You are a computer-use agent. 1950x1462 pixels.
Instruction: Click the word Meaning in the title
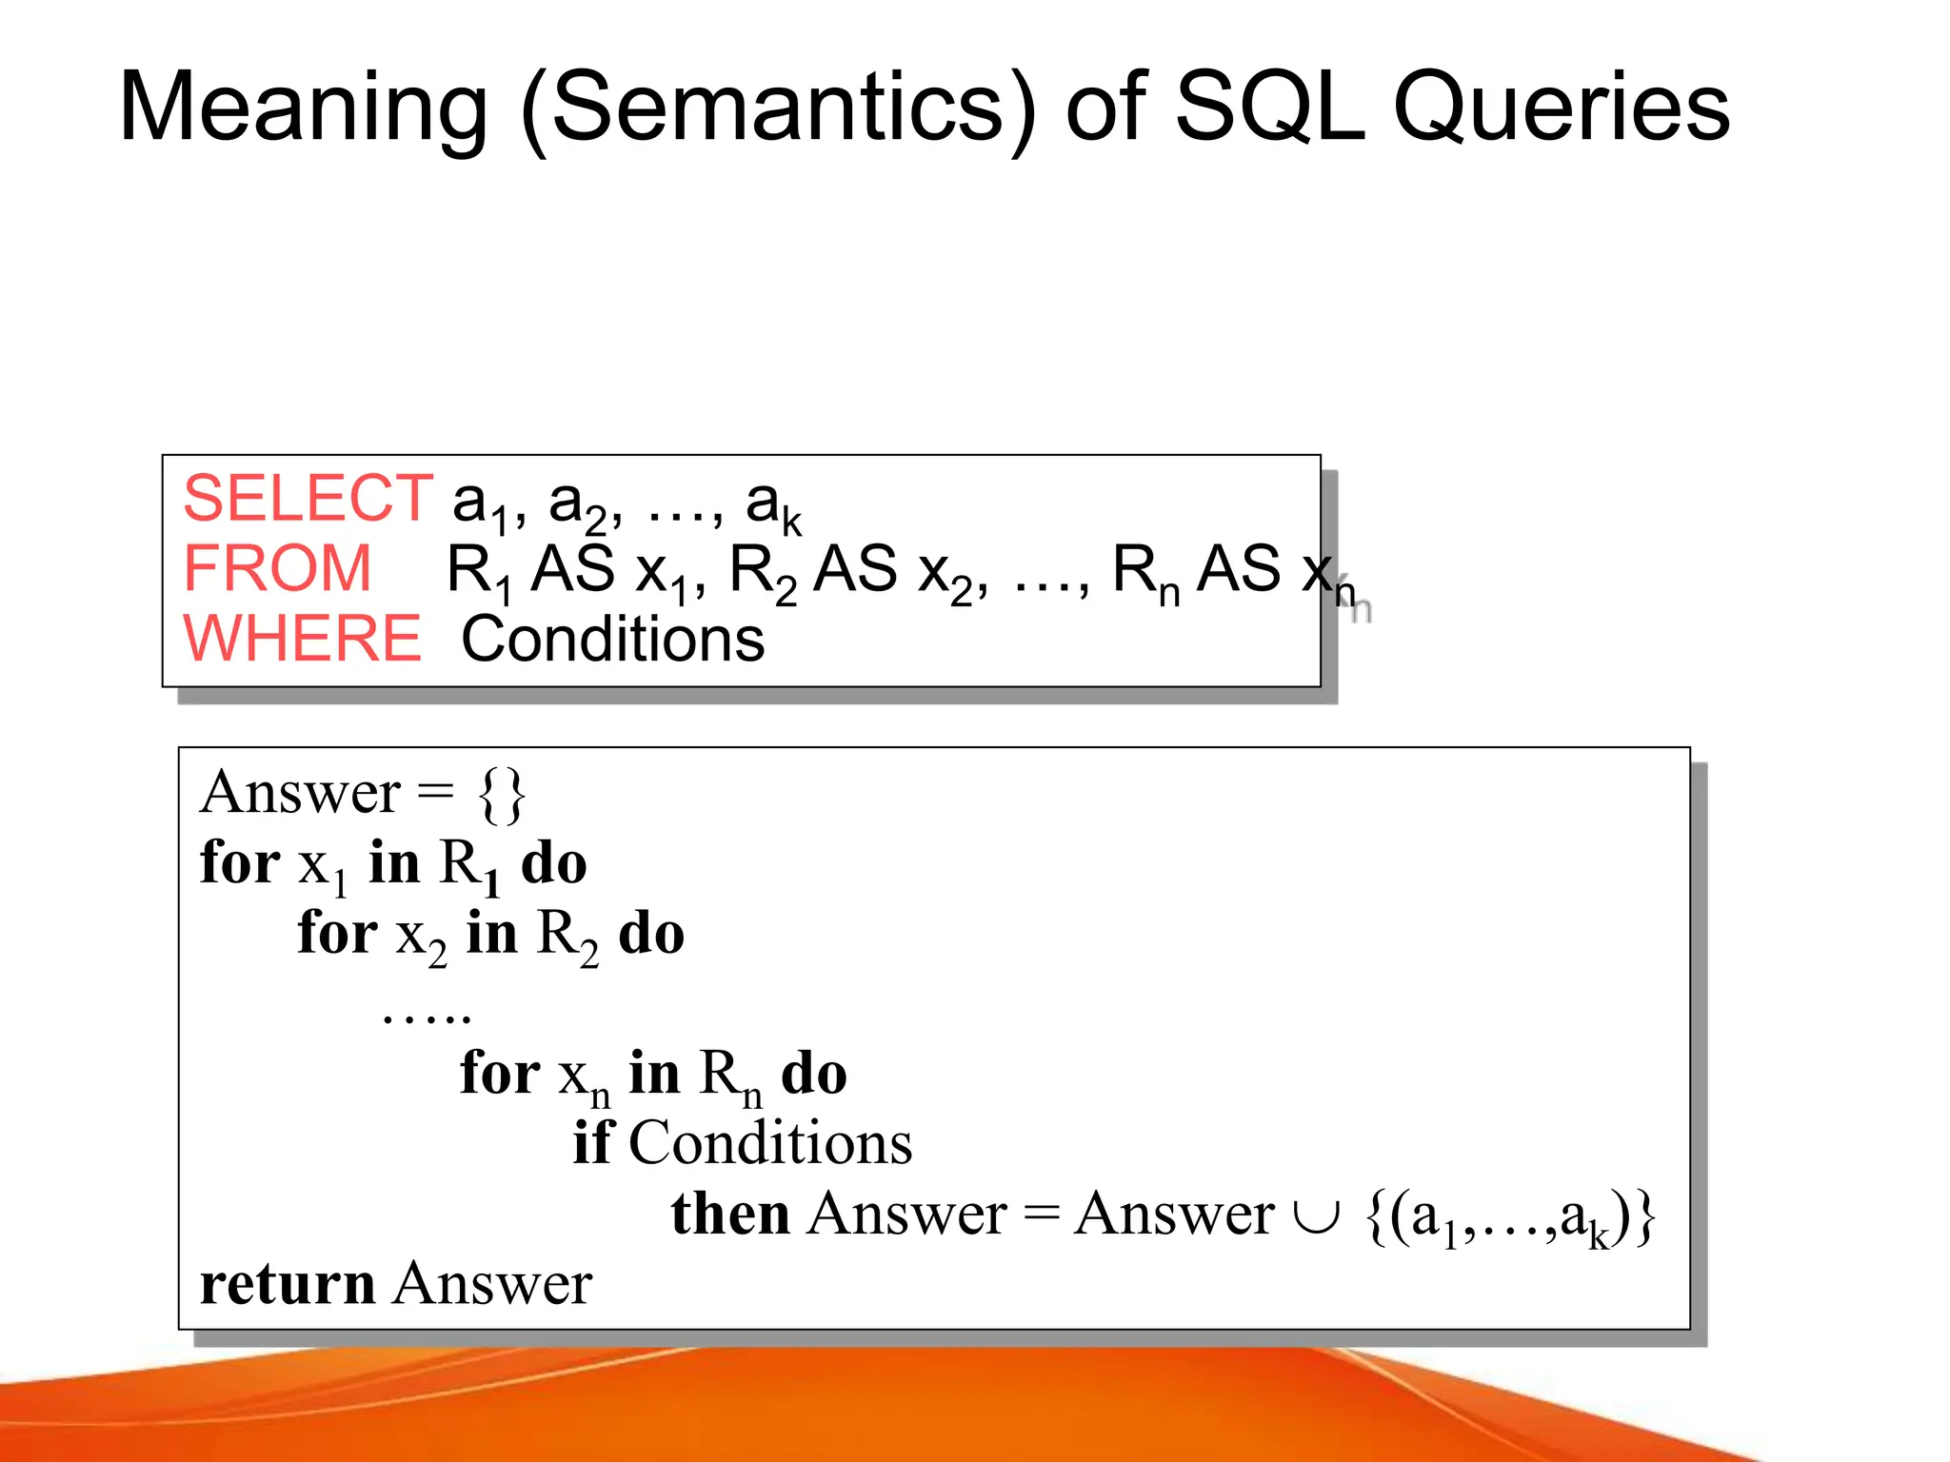(x=303, y=109)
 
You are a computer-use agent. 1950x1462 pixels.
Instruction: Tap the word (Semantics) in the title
(x=778, y=109)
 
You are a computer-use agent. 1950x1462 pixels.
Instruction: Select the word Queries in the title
(x=1562, y=109)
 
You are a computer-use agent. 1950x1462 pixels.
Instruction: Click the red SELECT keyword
(x=308, y=498)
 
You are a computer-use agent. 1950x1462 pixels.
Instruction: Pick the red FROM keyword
(x=277, y=568)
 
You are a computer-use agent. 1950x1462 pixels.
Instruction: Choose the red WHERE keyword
(x=302, y=639)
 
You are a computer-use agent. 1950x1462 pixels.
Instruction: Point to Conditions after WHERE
(x=612, y=639)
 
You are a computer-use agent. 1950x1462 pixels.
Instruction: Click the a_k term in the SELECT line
(x=773, y=504)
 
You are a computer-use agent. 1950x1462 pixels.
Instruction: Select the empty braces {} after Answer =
(x=502, y=794)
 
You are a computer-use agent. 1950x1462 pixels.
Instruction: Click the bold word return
(x=288, y=1284)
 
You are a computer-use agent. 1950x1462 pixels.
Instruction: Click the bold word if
(x=592, y=1142)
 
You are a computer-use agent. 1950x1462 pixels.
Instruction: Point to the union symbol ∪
(x=1317, y=1215)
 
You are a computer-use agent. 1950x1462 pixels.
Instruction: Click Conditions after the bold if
(x=770, y=1142)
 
